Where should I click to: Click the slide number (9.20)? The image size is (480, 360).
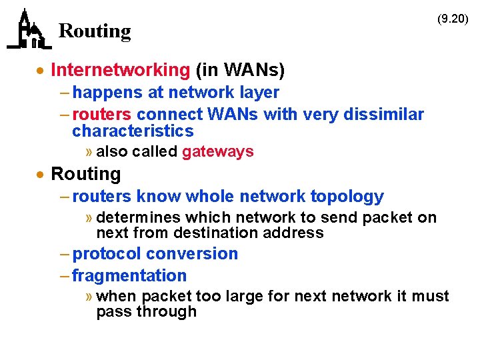pos(453,19)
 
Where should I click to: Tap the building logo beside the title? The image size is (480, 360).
pos(29,29)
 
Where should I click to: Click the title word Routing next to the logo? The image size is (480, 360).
pos(95,31)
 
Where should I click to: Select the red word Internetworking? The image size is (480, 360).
pos(120,70)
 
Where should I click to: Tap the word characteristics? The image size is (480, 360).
pos(133,131)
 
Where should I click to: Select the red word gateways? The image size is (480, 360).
pos(217,151)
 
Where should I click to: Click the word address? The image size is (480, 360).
pos(298,233)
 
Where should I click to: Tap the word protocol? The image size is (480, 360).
pos(107,254)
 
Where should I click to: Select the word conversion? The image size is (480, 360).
pos(192,254)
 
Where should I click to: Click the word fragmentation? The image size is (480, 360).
pos(129,276)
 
